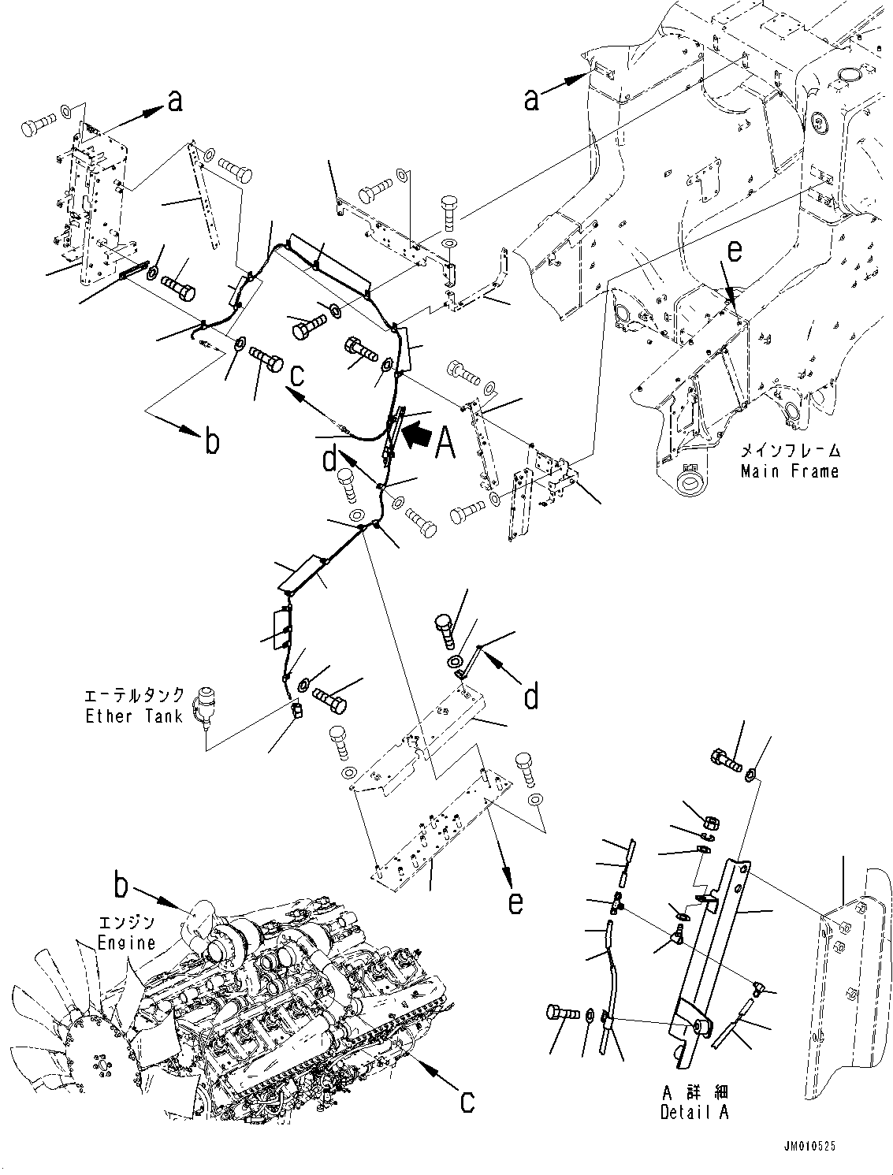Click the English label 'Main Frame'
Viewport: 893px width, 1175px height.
pyautogui.click(x=789, y=471)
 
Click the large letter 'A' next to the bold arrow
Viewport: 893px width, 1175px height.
pyautogui.click(x=445, y=443)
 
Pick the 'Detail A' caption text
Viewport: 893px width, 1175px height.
pyautogui.click(x=694, y=1112)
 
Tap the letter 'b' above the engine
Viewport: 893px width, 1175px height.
pyautogui.click(x=120, y=886)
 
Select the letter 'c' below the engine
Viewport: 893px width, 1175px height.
pyautogui.click(x=467, y=1101)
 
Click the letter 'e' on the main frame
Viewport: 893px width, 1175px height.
pyautogui.click(x=734, y=251)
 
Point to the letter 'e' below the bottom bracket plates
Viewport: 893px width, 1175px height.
pyautogui.click(x=515, y=902)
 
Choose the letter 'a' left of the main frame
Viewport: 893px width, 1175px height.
pyautogui.click(x=533, y=99)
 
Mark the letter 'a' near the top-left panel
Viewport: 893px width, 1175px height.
pyautogui.click(x=175, y=100)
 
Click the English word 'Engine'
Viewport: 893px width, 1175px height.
pyautogui.click(x=125, y=943)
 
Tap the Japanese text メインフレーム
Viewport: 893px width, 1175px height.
pyautogui.click(x=789, y=452)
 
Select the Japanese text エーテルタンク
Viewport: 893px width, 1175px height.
pyautogui.click(x=135, y=696)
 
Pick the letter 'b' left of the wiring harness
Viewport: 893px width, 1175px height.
pyautogui.click(x=211, y=441)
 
